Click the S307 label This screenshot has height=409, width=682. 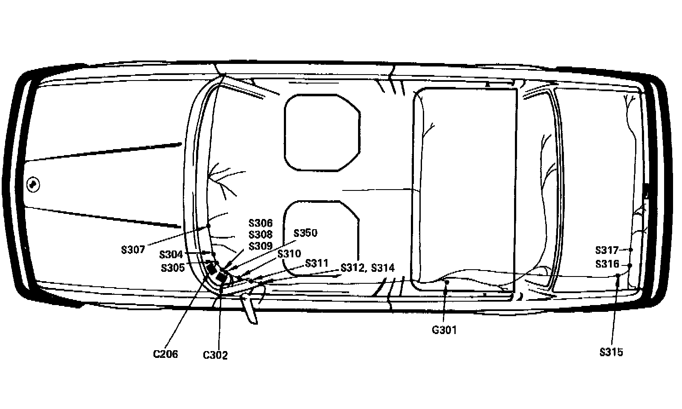(133, 250)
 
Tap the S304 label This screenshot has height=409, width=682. (171, 255)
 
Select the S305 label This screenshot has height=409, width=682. (173, 268)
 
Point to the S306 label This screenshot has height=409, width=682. (260, 223)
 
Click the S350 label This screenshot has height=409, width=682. (305, 233)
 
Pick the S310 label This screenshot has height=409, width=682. (289, 254)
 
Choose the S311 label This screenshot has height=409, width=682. (317, 263)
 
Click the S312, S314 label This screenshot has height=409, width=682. (367, 268)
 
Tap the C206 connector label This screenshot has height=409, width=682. (165, 354)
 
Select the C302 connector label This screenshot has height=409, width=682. (215, 355)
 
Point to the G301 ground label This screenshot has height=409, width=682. (444, 330)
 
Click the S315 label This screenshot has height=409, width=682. (611, 352)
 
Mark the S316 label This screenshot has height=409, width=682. (607, 264)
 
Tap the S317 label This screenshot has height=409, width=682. (607, 250)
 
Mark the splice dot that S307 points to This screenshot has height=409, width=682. (208, 225)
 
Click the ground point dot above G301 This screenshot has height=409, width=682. (447, 282)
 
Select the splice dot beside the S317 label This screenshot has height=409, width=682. (631, 250)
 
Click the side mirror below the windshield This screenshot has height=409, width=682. (250, 308)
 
